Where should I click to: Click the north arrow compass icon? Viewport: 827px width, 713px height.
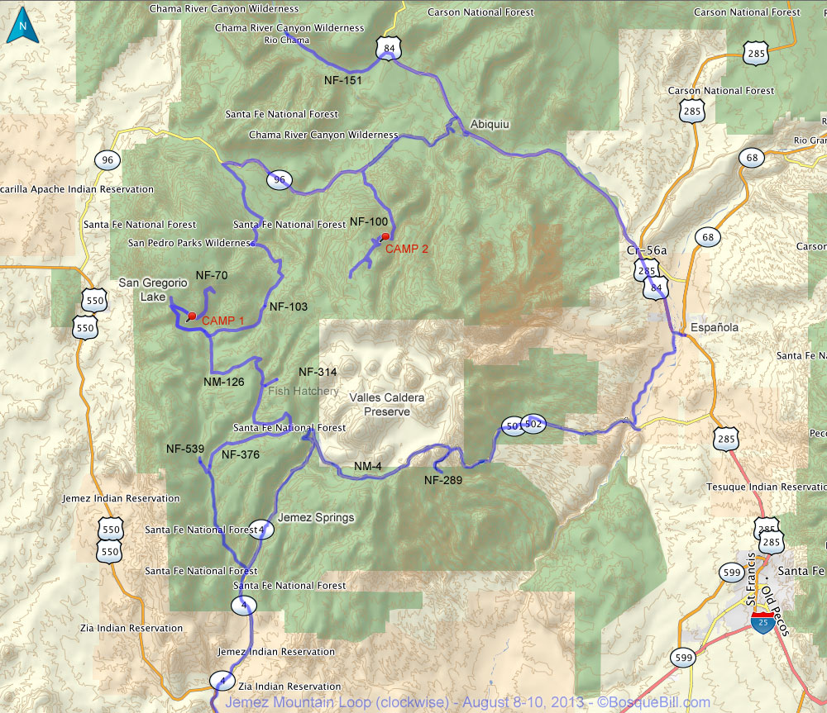(x=22, y=26)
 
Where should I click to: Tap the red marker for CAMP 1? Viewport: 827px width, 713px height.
(x=192, y=316)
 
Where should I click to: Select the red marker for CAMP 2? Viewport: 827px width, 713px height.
(x=385, y=237)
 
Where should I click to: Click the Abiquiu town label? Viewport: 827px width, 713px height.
(x=490, y=124)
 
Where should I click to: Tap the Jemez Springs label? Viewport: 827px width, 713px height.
(x=316, y=518)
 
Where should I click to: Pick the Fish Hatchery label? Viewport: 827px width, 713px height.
(x=303, y=391)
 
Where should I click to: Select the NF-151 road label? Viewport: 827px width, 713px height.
(x=343, y=80)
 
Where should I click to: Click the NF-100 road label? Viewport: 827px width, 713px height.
(x=369, y=221)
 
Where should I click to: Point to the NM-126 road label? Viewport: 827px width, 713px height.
(x=224, y=382)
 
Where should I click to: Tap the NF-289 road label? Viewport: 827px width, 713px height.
(x=443, y=479)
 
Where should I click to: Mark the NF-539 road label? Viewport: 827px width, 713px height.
(x=185, y=449)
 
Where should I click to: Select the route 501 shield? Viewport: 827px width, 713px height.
(x=513, y=425)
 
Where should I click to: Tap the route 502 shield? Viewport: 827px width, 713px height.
(x=533, y=423)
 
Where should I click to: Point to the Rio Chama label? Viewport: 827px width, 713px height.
(x=287, y=40)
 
